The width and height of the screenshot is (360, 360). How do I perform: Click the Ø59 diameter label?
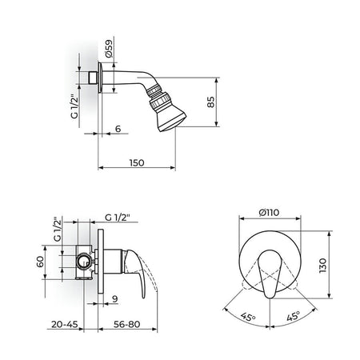click(x=110, y=49)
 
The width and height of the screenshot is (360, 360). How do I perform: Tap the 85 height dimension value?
click(x=210, y=102)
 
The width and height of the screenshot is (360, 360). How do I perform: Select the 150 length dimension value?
click(x=137, y=162)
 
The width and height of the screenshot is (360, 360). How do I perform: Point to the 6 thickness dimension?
click(x=118, y=129)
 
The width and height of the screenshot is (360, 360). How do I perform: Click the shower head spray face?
click(x=173, y=123)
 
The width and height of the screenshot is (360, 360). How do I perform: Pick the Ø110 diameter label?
click(x=269, y=213)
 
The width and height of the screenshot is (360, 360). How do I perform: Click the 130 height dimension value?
click(x=322, y=265)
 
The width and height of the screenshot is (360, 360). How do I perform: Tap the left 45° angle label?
click(x=248, y=317)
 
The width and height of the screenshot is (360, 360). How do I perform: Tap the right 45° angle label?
click(x=293, y=317)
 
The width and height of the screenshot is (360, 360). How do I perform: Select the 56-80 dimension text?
click(x=127, y=324)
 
